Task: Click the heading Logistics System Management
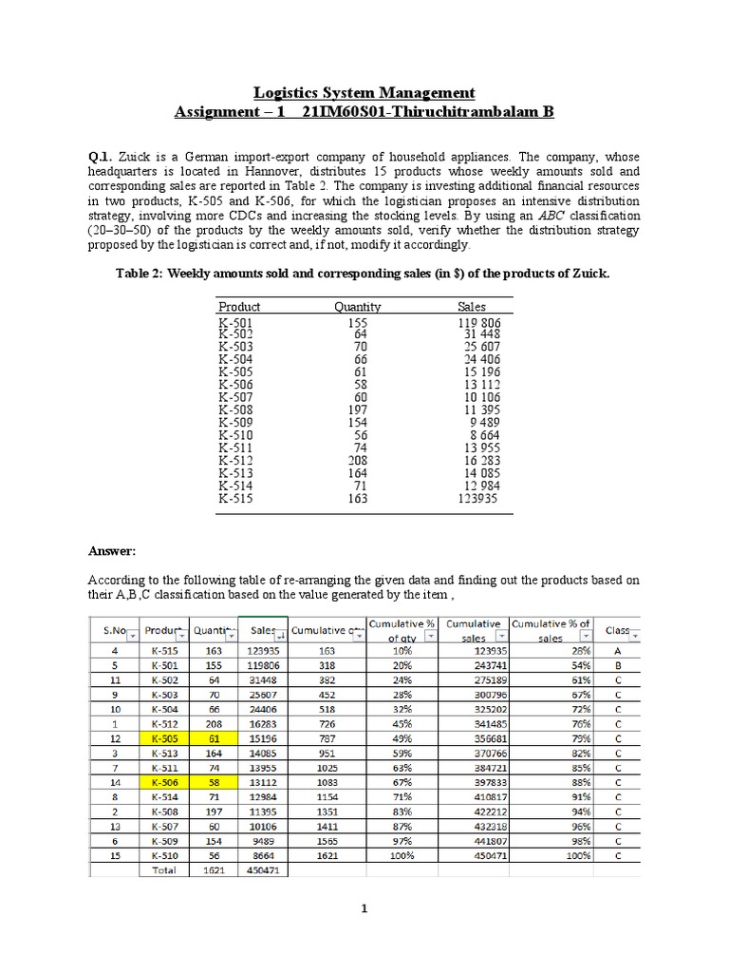(x=364, y=92)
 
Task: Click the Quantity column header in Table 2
(x=358, y=307)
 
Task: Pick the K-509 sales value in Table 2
(x=484, y=422)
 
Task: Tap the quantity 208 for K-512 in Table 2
(x=360, y=460)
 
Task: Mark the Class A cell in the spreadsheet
(x=618, y=651)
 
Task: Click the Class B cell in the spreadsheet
(x=618, y=665)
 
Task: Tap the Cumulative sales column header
(x=474, y=631)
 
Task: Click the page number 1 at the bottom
(x=364, y=909)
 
